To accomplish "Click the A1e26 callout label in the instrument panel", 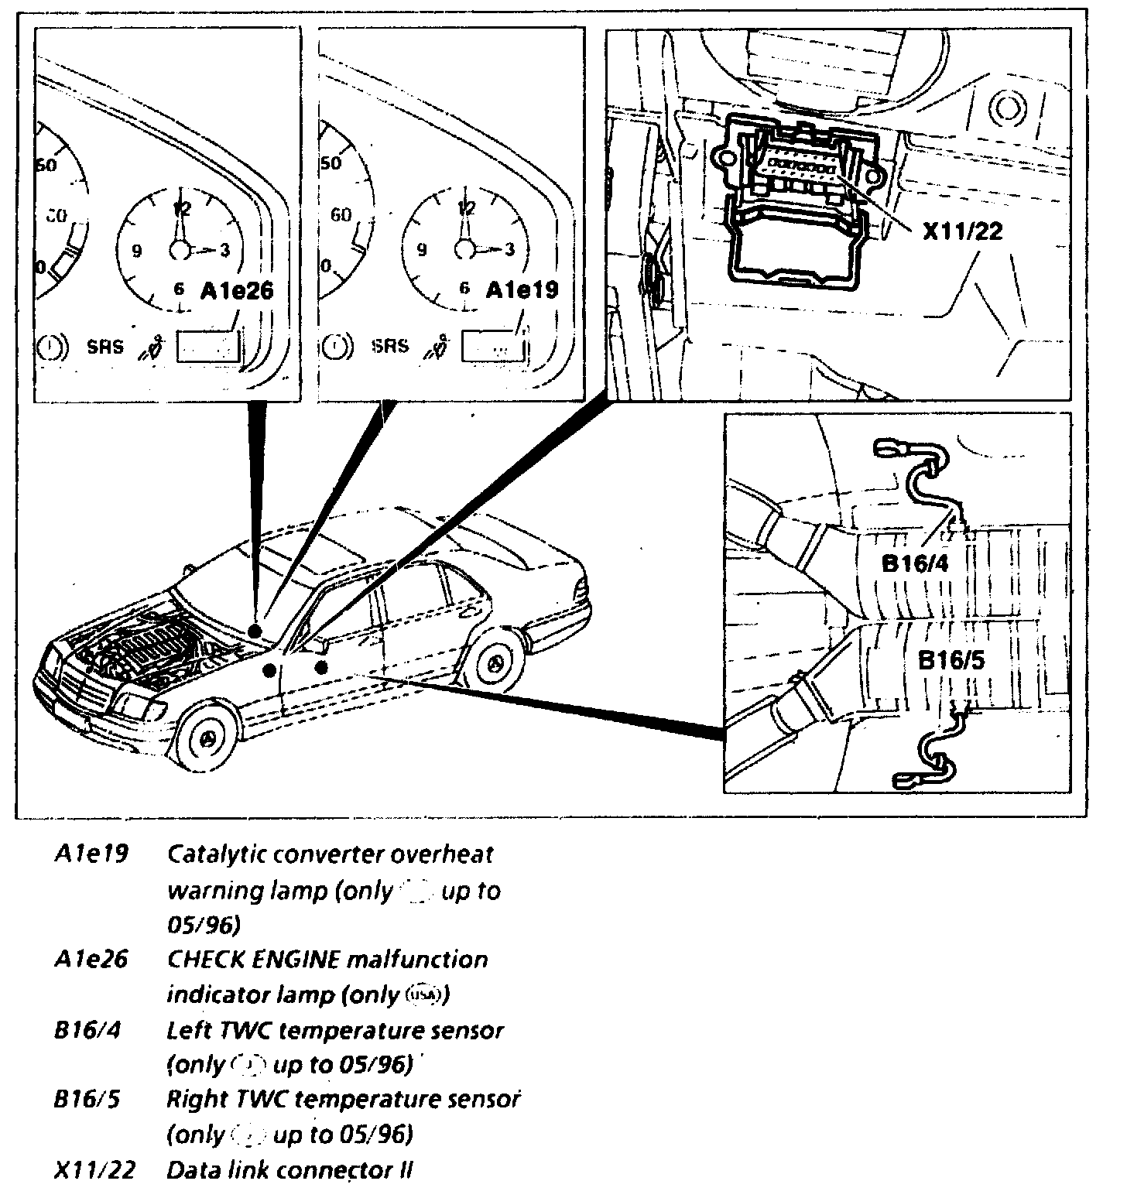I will point(237,291).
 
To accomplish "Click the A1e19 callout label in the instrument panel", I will point(522,291).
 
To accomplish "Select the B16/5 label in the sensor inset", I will point(951,662).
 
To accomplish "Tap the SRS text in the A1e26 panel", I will point(104,346).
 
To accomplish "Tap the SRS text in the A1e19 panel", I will point(389,346).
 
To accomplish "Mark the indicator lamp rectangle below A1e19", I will point(494,347).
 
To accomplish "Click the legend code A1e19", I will point(91,855).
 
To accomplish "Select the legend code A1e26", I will point(91,960).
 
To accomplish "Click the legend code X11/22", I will point(94,1169).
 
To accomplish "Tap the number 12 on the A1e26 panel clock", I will point(183,208).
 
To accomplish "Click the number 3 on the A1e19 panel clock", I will point(509,250).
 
